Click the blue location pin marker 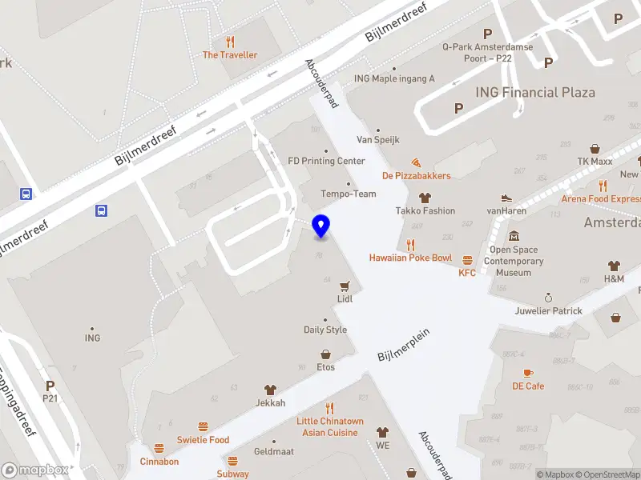[320, 226]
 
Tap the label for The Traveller [230, 55]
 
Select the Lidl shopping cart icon [345, 285]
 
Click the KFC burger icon [467, 259]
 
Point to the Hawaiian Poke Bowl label [410, 258]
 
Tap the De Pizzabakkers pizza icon [416, 162]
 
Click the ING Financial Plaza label [535, 92]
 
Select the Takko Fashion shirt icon [425, 198]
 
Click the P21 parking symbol [50, 385]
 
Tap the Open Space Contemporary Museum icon [514, 236]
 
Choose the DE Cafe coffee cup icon [528, 373]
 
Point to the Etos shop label [325, 367]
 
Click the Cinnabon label [159, 462]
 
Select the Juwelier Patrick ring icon [549, 297]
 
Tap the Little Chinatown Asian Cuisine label [330, 426]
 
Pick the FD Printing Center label [326, 161]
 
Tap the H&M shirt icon [614, 266]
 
